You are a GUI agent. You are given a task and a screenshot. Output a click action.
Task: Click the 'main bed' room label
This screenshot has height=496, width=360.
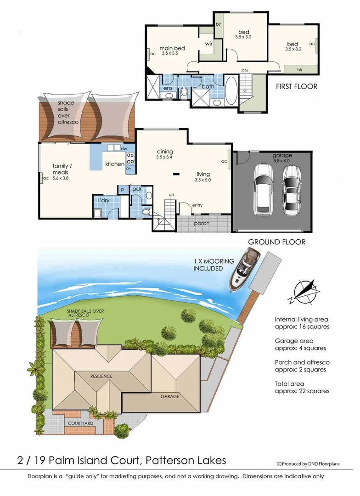[172, 48]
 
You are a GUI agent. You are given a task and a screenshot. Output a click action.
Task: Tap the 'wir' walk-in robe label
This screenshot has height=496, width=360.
[208, 45]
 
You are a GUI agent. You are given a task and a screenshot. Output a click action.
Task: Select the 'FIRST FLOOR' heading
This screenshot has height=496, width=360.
[297, 86]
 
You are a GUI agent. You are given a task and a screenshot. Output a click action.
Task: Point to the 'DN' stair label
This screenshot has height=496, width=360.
[245, 70]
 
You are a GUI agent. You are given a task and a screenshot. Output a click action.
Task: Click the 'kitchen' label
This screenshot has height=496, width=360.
[114, 164]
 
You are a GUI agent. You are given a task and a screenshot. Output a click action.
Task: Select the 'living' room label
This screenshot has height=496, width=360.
[203, 174]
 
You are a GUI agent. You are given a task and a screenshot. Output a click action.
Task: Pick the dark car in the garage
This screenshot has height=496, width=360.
[291, 190]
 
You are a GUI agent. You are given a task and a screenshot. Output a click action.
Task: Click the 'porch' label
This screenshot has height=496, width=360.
[201, 223]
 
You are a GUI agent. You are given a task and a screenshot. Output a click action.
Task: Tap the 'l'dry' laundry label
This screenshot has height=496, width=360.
[103, 201]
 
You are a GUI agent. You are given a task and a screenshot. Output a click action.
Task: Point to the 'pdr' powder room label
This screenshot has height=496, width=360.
[137, 189]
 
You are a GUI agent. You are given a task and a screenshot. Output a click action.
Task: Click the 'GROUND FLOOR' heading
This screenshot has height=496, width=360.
[276, 242]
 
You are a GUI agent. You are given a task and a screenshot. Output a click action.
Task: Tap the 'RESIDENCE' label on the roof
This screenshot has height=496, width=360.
[101, 376]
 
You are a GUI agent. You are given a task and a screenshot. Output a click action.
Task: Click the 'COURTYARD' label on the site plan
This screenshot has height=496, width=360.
[81, 422]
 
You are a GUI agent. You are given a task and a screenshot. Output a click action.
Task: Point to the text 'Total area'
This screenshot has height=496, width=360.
[290, 383]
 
